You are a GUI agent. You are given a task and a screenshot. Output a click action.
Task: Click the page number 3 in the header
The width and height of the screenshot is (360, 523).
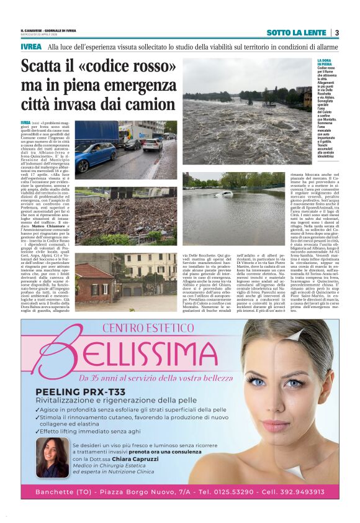(336, 33)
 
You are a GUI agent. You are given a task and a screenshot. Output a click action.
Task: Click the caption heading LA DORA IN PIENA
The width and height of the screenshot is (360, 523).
(325, 62)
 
